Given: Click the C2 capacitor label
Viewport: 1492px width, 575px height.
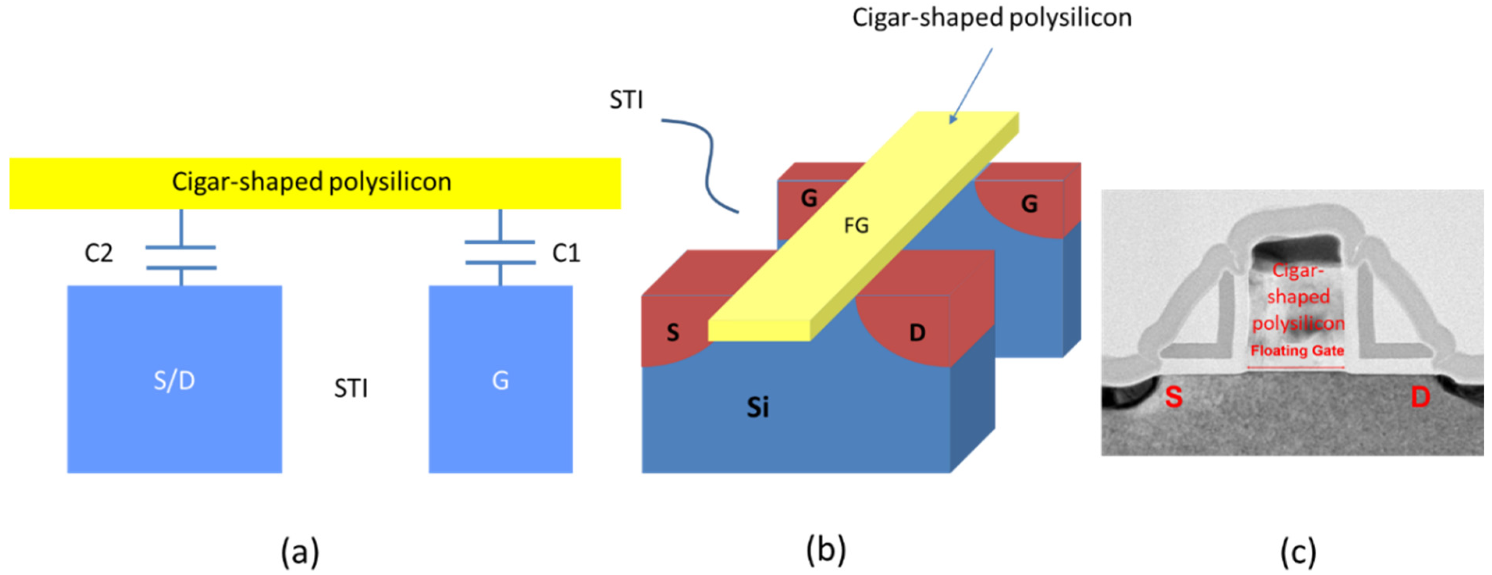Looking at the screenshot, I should coord(98,253).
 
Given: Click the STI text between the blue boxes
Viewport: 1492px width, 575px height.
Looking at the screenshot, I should coord(351,388).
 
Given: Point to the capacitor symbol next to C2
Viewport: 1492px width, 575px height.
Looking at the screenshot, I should coord(181,257).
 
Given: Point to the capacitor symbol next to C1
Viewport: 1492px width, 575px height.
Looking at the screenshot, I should coord(500,252).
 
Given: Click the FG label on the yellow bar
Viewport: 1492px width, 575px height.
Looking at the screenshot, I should coord(856,225).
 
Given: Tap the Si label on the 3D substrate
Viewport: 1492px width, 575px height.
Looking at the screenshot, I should coord(757,407).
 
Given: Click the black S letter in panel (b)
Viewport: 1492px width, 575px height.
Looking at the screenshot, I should coord(672,333).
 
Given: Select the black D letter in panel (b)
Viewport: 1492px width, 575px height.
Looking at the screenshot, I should coord(917,333).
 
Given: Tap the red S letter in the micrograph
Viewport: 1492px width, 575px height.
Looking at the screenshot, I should coord(1174,397).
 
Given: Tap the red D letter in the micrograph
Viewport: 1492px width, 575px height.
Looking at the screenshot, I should coord(1420,397).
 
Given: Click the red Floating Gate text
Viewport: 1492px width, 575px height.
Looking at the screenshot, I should coord(1297,351).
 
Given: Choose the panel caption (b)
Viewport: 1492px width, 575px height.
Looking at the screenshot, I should coord(825,550).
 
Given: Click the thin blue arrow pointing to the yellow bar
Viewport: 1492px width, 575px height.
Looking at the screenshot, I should coord(971,86).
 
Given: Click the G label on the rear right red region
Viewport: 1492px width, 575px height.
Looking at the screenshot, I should coord(1029,204).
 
